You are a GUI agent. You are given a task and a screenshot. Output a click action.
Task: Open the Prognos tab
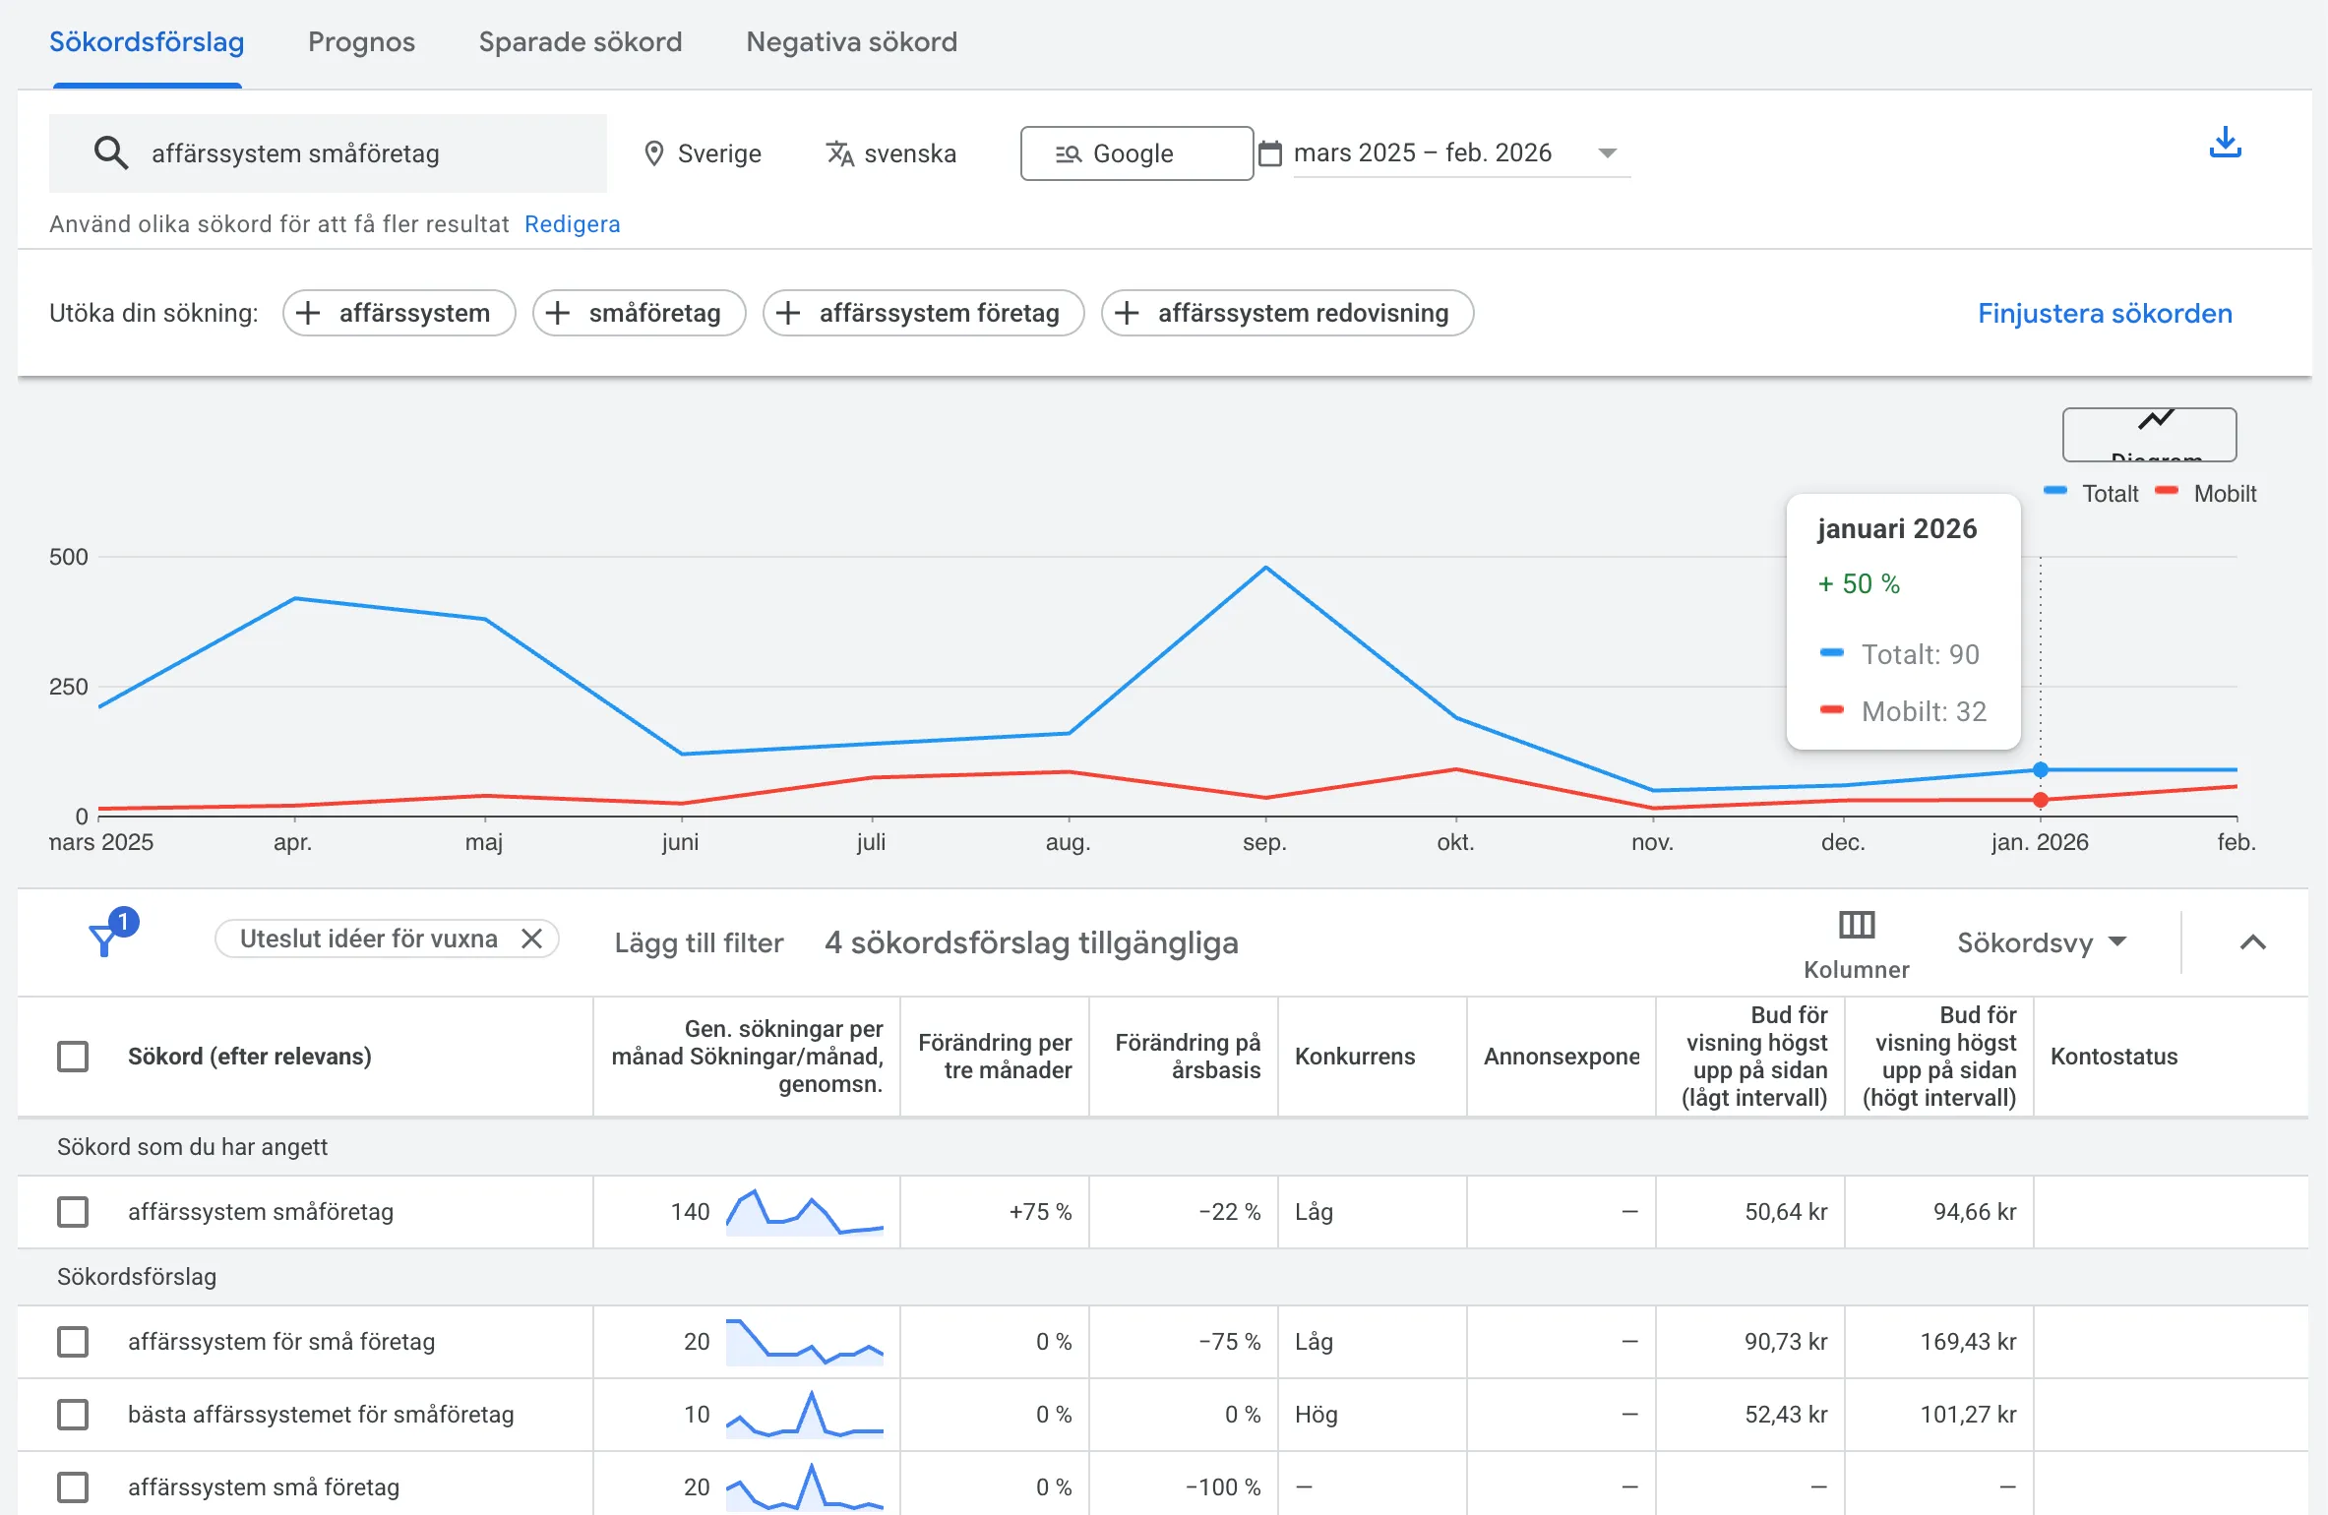click(x=361, y=42)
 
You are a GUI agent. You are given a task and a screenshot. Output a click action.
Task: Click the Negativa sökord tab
click(x=851, y=42)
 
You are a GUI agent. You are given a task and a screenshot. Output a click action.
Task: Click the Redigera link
click(x=572, y=224)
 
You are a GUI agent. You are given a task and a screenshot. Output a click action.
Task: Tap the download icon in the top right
click(x=2225, y=144)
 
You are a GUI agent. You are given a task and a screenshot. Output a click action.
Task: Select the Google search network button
click(x=1135, y=153)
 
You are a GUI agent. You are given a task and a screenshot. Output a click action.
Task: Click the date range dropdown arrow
click(x=1607, y=153)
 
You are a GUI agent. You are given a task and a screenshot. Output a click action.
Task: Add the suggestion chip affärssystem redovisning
click(x=1286, y=313)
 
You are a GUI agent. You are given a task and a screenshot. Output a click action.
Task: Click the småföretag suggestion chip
click(x=639, y=313)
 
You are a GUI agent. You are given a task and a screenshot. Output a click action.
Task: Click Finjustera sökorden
click(x=2105, y=313)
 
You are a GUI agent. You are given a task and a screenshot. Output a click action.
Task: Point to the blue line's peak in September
click(x=1265, y=568)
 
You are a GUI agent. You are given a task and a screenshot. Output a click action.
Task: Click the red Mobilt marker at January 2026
click(x=2040, y=800)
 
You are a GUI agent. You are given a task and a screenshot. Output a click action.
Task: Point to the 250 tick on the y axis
click(x=68, y=687)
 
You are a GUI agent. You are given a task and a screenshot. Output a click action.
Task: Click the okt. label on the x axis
click(x=1455, y=842)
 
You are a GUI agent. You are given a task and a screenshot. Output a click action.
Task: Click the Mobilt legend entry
click(x=2223, y=493)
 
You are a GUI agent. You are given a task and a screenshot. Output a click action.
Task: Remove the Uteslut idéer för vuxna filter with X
click(x=531, y=939)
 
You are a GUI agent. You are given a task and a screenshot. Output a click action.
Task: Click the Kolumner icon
click(x=1856, y=926)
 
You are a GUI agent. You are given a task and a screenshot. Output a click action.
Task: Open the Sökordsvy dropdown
click(x=2041, y=942)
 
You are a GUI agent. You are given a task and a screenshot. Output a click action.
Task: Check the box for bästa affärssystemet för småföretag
click(x=73, y=1415)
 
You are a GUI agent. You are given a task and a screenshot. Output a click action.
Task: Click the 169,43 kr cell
click(x=1968, y=1342)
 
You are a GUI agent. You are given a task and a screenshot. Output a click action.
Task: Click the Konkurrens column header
click(x=1354, y=1057)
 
